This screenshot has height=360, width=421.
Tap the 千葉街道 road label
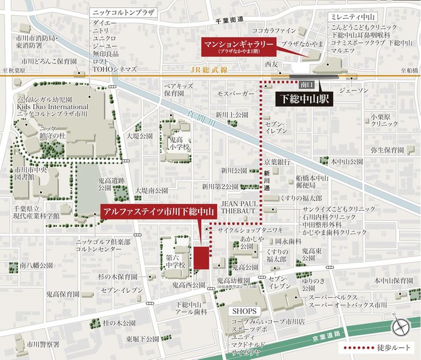tap(230, 20)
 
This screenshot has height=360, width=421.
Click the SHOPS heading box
tap(244, 311)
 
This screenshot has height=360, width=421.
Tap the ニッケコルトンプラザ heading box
tap(123, 12)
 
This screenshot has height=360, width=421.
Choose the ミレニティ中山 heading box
tap(353, 17)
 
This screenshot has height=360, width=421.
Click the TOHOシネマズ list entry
tap(114, 70)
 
